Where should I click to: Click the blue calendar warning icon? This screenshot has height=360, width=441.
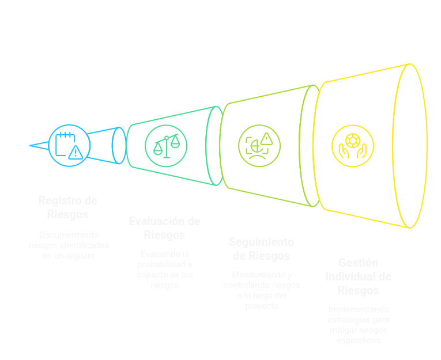[69, 145]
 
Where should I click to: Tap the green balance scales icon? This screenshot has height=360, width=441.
[165, 146]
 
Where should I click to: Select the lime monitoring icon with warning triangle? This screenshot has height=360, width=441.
[259, 145]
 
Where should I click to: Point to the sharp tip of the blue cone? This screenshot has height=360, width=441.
[30, 146]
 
